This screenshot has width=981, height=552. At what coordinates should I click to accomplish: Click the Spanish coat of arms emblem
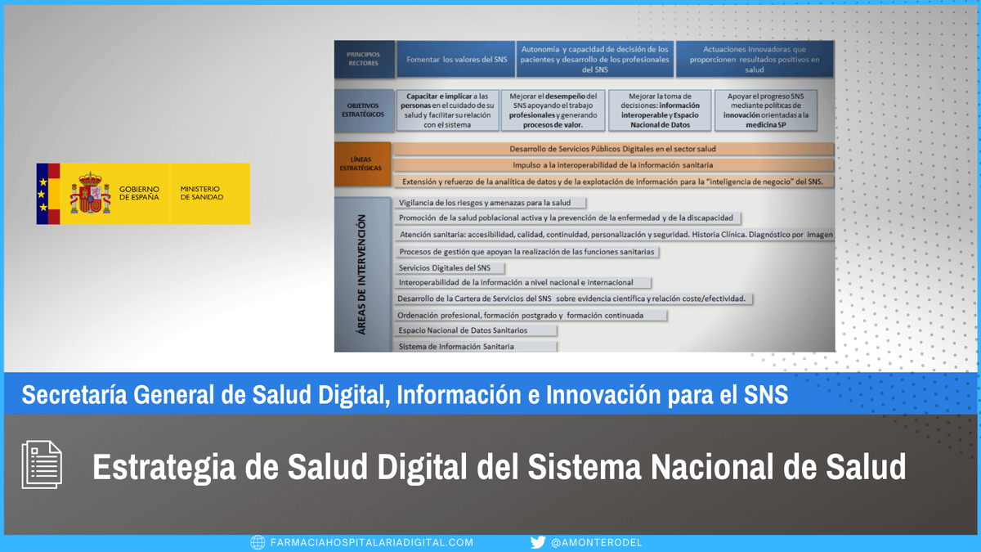(x=90, y=193)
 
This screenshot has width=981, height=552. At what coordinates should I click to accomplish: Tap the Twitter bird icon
(x=538, y=542)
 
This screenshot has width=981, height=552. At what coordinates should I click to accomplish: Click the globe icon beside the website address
(x=258, y=542)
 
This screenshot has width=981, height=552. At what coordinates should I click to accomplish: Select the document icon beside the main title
(x=42, y=464)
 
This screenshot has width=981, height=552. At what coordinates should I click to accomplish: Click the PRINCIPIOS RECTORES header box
(x=364, y=59)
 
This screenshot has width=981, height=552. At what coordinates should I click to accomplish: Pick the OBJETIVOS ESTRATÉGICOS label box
(x=364, y=110)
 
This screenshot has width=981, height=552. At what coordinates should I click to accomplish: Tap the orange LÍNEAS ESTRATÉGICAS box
(x=362, y=164)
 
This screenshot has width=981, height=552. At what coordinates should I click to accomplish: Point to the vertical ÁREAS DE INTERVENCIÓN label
(x=361, y=275)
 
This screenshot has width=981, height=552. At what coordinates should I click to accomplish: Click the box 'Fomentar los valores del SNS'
(x=456, y=59)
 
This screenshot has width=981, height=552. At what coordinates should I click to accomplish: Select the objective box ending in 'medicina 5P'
(x=766, y=110)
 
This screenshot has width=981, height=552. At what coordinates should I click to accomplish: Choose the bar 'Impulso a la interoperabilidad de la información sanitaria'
(x=613, y=165)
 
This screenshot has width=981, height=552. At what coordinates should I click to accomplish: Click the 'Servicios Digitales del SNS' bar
(x=450, y=268)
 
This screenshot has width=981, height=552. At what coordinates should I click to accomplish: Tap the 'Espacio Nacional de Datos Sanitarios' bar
(x=476, y=330)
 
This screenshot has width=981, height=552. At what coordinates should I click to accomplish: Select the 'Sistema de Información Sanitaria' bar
(x=476, y=347)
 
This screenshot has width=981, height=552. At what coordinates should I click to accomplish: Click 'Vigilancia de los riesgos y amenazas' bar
(x=490, y=203)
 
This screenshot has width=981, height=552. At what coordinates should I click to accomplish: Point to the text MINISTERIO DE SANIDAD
(x=202, y=193)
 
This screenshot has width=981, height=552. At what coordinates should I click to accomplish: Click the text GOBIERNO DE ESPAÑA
(x=139, y=193)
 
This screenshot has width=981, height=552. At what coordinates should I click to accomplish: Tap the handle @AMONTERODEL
(x=596, y=543)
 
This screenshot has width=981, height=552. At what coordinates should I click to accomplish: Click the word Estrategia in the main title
(x=163, y=468)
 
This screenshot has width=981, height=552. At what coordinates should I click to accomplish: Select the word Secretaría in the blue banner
(x=74, y=394)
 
